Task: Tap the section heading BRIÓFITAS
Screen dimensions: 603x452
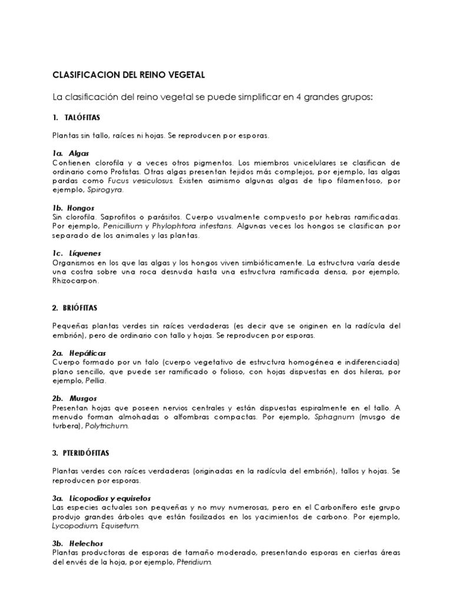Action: (79, 307)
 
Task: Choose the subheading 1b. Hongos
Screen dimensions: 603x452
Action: (74, 208)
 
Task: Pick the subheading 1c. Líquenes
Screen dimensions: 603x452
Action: (75, 253)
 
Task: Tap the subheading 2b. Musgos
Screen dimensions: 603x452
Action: (75, 399)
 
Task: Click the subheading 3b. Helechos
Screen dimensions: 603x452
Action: (77, 545)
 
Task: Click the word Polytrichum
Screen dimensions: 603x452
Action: (107, 426)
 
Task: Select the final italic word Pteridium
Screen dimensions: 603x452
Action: (192, 563)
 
